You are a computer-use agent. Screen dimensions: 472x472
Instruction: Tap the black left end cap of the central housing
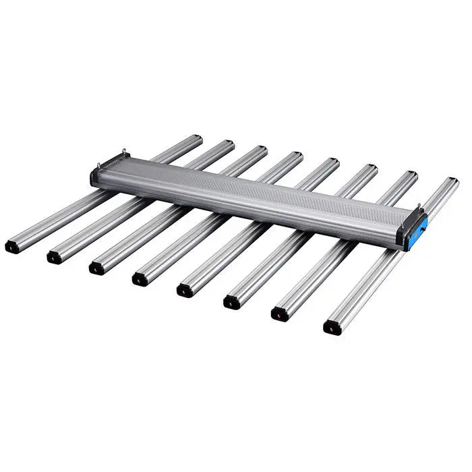coord(95,177)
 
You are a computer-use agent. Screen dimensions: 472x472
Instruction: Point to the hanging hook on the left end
coord(124,152)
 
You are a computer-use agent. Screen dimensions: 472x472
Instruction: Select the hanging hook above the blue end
coord(419,206)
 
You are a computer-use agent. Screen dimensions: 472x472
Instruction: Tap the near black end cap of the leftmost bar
coord(12,247)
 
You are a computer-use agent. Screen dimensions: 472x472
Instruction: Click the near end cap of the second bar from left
coord(54,257)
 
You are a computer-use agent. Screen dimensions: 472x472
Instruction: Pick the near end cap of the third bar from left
coord(96,268)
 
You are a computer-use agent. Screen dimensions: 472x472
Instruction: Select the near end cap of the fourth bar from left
coord(140,278)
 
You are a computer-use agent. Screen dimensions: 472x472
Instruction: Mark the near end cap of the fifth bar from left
coord(184,290)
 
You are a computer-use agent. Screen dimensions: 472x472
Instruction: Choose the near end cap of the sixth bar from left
coord(231,302)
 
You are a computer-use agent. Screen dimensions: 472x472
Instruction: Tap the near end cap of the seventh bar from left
coord(279,314)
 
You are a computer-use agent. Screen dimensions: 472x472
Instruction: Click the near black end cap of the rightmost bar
coord(332,328)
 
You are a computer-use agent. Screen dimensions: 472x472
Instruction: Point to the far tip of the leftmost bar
coord(196,138)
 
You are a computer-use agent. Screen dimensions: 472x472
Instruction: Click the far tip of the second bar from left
coord(229,144)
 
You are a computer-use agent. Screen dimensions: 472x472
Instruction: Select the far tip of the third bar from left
coord(262,149)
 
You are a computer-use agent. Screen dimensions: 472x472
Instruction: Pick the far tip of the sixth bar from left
coord(372,168)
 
